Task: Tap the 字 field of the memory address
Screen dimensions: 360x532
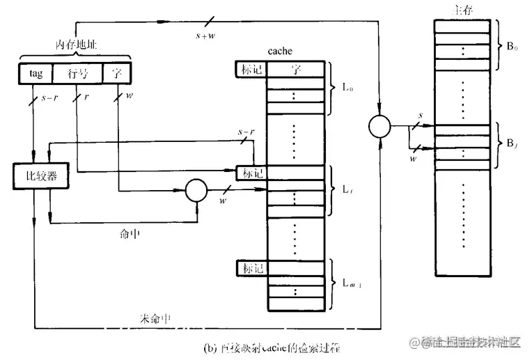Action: coord(116,73)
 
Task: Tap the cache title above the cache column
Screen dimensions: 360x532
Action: coord(280,51)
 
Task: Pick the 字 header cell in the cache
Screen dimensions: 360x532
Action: coord(295,69)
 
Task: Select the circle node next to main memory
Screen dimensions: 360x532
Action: coord(379,127)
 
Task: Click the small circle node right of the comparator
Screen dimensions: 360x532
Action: coord(195,189)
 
